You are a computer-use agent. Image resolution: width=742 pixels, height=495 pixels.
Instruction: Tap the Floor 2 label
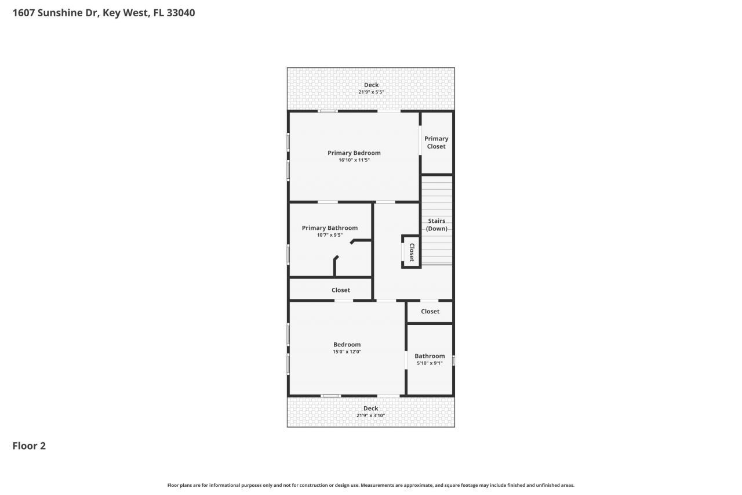pos(29,446)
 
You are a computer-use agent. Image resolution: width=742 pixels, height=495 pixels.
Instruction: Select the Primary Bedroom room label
pos(354,153)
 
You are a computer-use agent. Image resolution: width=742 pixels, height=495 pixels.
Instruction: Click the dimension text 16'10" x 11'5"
pos(354,160)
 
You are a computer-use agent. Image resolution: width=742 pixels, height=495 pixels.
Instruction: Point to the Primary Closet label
pos(436,142)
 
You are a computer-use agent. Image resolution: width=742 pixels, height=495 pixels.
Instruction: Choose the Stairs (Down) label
pos(437,225)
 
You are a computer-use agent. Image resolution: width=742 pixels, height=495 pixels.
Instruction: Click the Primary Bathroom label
pos(329,228)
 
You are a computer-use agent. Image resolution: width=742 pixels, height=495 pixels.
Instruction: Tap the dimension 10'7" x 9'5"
pos(329,235)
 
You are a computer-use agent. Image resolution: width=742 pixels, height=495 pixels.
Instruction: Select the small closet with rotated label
pos(411,252)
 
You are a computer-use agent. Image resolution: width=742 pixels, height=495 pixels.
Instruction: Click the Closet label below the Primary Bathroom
pos(340,290)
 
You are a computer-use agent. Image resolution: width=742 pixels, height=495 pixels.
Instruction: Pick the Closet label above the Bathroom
pos(430,312)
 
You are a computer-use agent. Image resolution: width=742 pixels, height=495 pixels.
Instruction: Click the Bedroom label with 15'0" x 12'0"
pos(347,345)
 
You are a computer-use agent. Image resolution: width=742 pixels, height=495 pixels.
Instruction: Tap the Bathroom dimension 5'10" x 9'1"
pos(430,363)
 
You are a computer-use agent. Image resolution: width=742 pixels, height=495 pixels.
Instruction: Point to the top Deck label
pos(371,85)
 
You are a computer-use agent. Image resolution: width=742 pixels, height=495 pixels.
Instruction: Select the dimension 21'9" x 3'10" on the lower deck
pos(370,415)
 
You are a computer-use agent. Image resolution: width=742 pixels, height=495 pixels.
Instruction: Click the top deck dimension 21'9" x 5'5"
pos(371,92)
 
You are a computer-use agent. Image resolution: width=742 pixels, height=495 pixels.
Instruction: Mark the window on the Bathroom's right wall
pos(453,360)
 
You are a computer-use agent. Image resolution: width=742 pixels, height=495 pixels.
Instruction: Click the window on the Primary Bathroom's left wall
pos(288,254)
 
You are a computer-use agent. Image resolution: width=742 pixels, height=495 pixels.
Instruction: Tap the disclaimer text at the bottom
pos(370,485)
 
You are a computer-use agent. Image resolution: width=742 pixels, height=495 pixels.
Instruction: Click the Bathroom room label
pos(430,356)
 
